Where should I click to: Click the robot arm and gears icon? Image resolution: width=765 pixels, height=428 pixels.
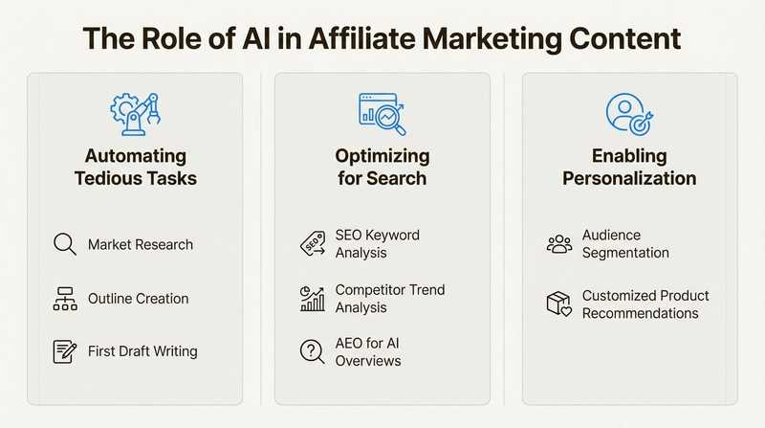click(x=135, y=114)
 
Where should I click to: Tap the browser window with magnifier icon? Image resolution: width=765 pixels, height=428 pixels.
click(x=382, y=114)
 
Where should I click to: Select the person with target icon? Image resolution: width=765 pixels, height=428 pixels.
click(x=628, y=114)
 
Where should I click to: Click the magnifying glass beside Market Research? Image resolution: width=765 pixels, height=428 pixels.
click(x=64, y=245)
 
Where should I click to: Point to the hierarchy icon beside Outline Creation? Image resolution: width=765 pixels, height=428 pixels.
click(x=64, y=299)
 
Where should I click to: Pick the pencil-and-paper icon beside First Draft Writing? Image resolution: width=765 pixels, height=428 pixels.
click(x=64, y=351)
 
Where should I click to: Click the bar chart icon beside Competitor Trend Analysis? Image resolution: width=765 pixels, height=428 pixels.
click(x=312, y=299)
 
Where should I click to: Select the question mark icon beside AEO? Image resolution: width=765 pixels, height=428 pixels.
click(x=312, y=351)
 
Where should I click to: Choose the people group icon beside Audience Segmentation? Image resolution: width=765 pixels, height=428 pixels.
click(x=558, y=244)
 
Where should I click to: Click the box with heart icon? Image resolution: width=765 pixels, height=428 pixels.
click(x=558, y=304)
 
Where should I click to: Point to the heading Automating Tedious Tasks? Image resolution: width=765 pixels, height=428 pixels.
click(x=135, y=167)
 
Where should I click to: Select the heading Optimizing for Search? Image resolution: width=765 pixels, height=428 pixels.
click(x=382, y=167)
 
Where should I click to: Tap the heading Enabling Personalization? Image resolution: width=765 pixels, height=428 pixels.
click(x=628, y=167)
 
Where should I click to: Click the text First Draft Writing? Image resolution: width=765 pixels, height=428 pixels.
click(x=142, y=351)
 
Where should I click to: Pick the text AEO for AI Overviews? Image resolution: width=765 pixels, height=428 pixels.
click(x=368, y=351)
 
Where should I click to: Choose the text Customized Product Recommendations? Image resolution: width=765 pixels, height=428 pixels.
click(x=645, y=304)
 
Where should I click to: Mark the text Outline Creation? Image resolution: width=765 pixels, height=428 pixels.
click(x=138, y=299)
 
